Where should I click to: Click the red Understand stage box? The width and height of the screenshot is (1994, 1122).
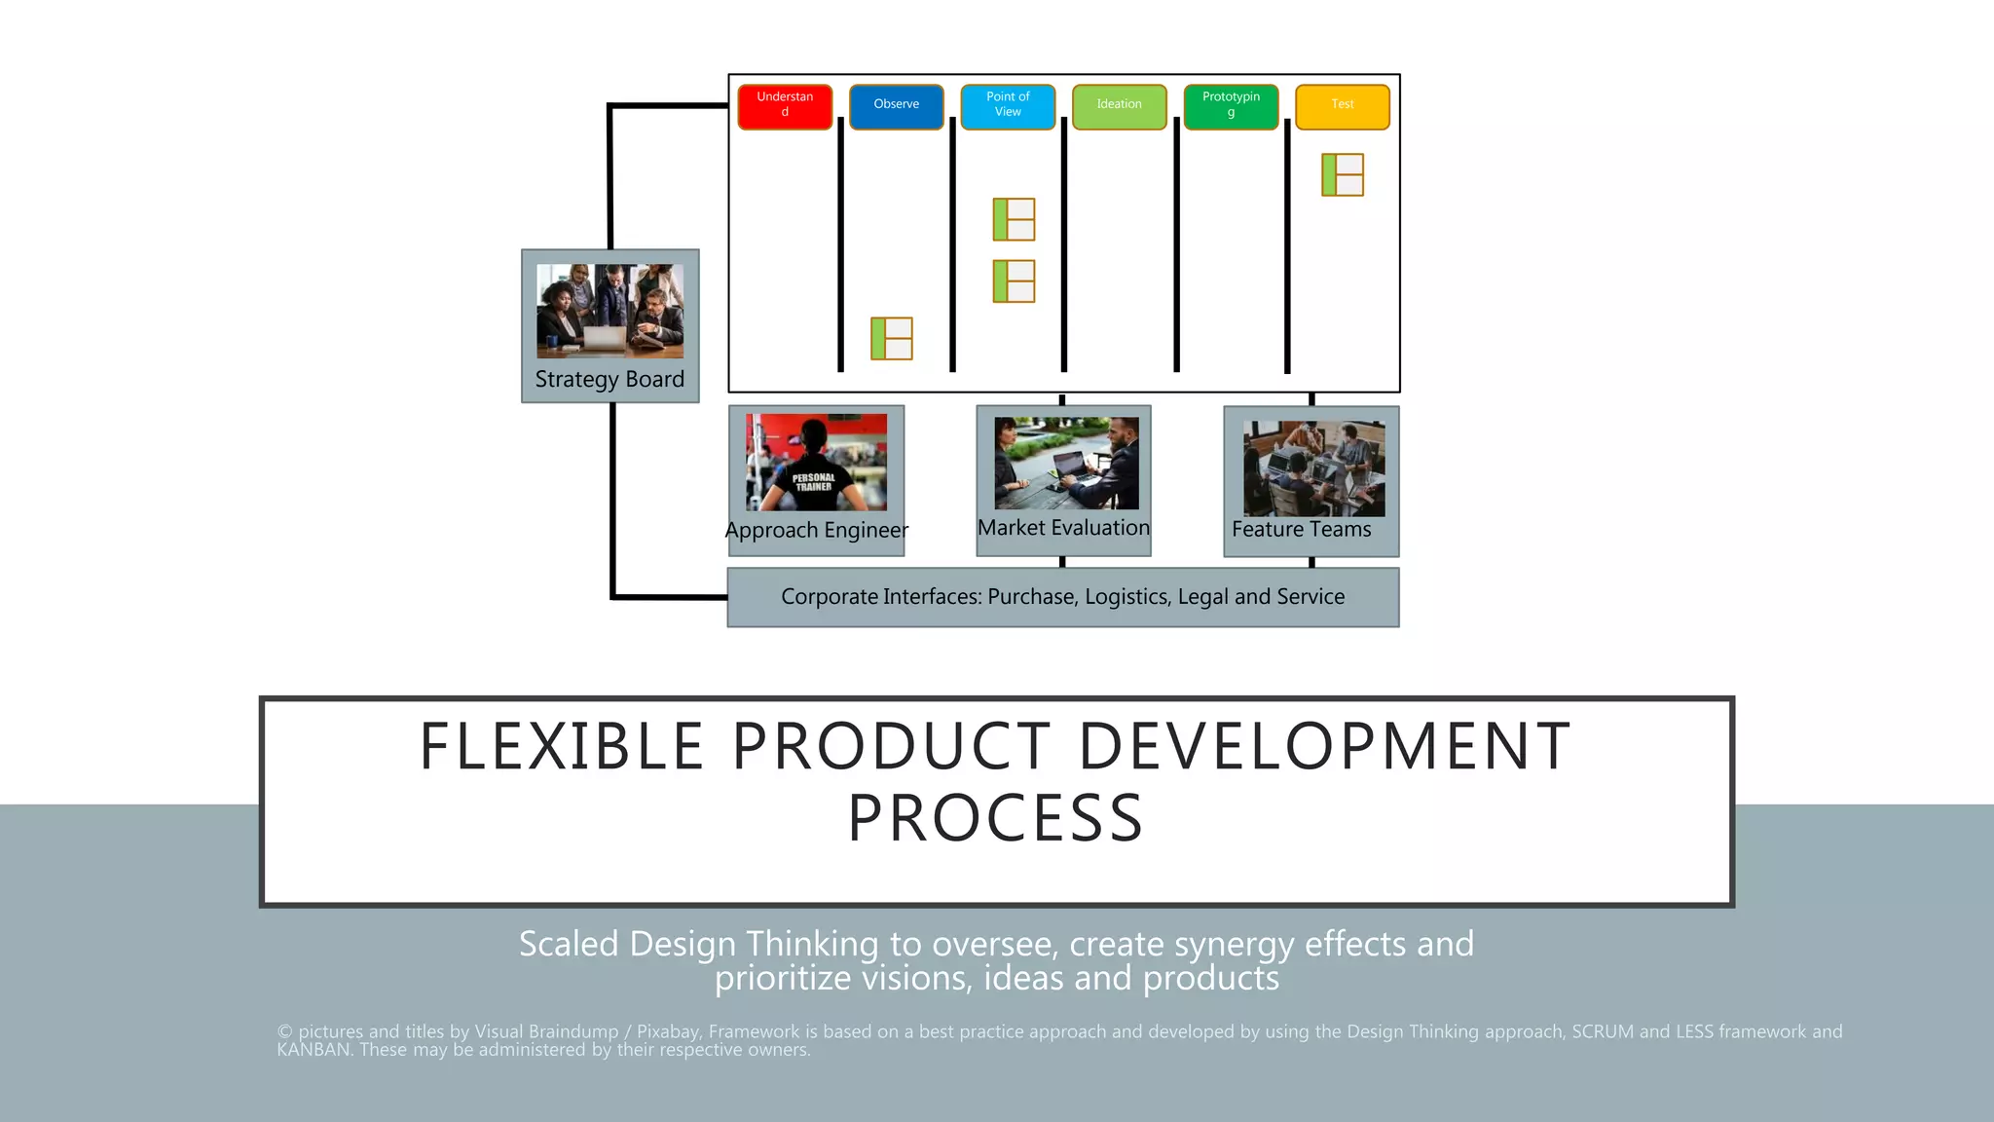click(x=785, y=106)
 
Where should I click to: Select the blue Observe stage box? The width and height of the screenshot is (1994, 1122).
click(x=896, y=106)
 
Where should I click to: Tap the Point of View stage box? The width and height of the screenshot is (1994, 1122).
click(x=1008, y=106)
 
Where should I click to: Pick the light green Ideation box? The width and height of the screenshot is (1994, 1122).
click(x=1119, y=106)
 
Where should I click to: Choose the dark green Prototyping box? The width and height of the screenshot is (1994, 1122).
click(x=1231, y=106)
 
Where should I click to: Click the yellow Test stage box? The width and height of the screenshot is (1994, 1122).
click(x=1342, y=106)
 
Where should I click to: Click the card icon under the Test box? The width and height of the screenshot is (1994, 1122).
click(x=1342, y=175)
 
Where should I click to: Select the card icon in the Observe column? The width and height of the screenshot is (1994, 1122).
click(x=891, y=338)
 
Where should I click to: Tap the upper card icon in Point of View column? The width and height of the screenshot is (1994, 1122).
click(x=1014, y=219)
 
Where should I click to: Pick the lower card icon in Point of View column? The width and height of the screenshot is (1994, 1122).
click(x=1014, y=281)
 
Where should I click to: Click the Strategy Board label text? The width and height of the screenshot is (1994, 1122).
click(x=609, y=379)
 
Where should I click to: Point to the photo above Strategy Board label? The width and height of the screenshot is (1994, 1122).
click(x=609, y=311)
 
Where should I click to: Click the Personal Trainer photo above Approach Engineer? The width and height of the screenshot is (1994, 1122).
click(x=816, y=463)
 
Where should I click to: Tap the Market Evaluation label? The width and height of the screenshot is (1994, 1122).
click(x=1063, y=528)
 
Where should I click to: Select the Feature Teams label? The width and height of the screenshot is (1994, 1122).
click(x=1301, y=530)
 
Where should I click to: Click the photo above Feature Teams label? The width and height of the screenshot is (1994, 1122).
click(x=1313, y=468)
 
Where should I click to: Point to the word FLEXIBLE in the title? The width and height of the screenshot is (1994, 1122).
click(x=562, y=747)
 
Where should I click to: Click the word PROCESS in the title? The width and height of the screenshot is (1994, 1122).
click(x=995, y=818)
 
